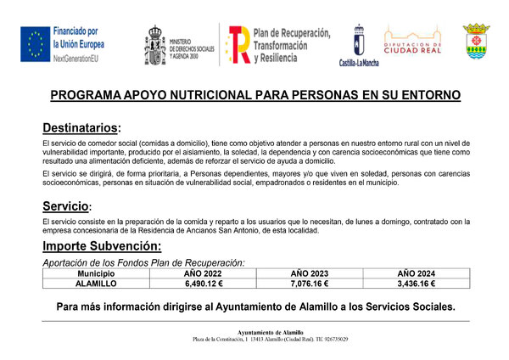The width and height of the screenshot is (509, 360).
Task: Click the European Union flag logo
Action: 36,44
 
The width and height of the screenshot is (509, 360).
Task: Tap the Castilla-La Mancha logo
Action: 359,42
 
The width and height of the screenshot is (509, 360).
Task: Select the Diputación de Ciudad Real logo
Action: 411,42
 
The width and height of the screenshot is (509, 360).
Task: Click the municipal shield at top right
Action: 475,42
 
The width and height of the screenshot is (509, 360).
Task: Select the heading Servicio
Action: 65,206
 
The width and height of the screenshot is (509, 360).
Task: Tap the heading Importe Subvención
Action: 102,246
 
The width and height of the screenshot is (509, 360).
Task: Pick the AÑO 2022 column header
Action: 203,273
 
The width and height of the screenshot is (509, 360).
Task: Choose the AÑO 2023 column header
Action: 310,273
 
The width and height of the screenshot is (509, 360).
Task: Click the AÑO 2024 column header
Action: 417,273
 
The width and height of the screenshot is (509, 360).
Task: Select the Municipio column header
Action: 96,273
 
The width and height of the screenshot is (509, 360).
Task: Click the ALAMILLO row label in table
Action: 96,284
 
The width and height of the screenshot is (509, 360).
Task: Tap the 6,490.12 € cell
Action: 203,284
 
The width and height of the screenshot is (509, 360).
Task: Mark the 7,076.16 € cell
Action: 310,284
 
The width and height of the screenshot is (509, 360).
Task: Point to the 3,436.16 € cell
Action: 417,284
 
